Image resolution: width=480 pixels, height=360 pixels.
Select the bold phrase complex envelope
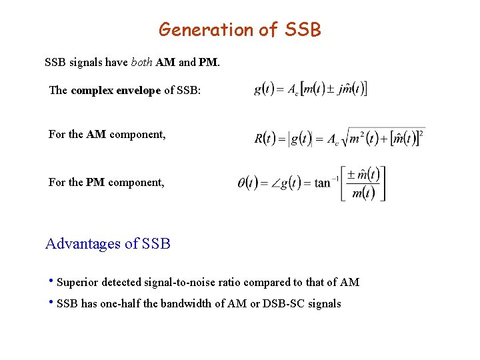pos(115,90)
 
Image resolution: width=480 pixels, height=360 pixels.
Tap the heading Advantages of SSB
pos(108,244)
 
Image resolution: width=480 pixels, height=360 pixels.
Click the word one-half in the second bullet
pos(131,304)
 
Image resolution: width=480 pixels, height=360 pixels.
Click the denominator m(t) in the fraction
pos(363,193)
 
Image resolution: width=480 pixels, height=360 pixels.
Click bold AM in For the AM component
pos(96,134)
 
